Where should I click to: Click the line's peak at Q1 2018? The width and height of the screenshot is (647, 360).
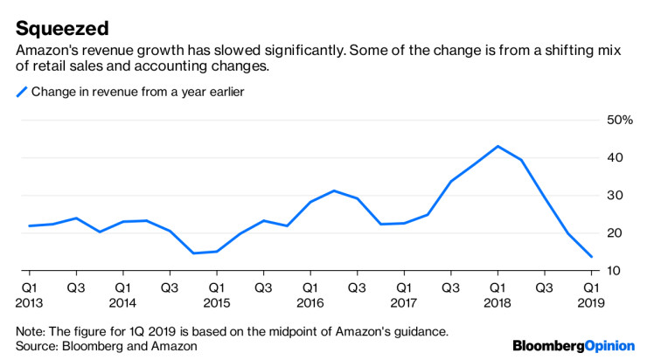pos(497,146)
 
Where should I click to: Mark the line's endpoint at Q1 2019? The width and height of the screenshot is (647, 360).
pos(591,257)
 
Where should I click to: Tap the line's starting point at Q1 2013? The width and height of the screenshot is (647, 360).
pos(29,225)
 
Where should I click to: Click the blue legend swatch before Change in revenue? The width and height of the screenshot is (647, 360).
pos(21,92)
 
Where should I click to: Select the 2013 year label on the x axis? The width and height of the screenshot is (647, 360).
pos(30,302)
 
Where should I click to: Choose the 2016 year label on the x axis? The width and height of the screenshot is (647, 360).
pos(310,302)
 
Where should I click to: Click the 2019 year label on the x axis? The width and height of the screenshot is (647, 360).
pos(591,302)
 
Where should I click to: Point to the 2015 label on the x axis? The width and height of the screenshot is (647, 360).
pos(217,302)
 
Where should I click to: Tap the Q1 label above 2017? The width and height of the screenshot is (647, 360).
pos(404,287)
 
